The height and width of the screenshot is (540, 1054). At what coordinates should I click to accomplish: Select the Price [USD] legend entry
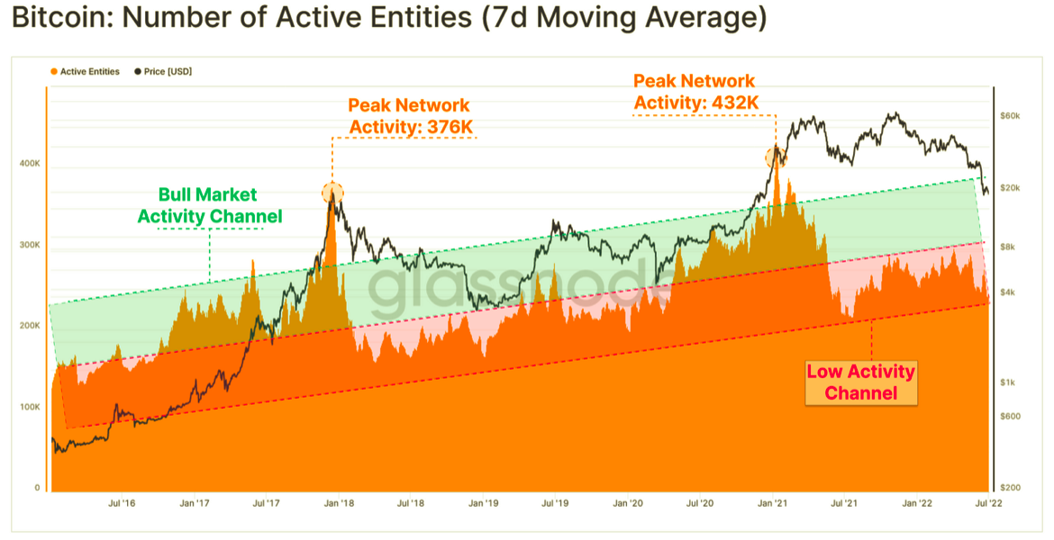[x=168, y=71]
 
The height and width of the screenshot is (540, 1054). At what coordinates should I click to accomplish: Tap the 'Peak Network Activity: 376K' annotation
[x=410, y=116]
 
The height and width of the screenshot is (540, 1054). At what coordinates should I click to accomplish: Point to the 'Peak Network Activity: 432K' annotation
[x=695, y=92]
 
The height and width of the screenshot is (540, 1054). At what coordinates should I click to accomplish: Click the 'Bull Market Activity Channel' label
[x=209, y=205]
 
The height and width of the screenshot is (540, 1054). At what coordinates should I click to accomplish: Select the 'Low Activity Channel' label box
[x=860, y=382]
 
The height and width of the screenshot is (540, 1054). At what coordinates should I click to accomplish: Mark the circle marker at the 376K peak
[x=332, y=192]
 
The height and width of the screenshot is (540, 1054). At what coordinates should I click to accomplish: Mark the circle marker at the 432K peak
[x=775, y=157]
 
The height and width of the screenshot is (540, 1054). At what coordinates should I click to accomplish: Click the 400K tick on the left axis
[x=29, y=164]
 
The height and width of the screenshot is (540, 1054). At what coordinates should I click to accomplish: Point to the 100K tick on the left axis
[x=29, y=407]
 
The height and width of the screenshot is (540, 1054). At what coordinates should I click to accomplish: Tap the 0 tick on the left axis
[x=37, y=488]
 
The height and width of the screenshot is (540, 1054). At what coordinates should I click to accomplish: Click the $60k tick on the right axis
[x=1011, y=116]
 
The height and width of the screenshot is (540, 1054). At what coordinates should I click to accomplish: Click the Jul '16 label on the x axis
[x=123, y=504]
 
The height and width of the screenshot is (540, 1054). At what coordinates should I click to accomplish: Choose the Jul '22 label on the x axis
[x=989, y=504]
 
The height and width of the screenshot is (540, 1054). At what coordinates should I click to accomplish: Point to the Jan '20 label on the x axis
[x=629, y=504]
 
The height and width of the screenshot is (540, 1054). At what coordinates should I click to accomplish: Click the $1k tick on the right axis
[x=1009, y=382]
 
